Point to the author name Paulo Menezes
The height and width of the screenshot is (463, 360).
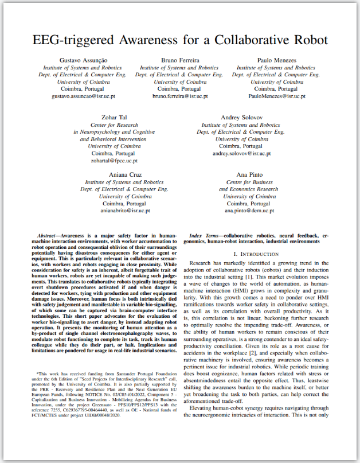coord(276,60)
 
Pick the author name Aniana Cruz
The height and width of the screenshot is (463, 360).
coord(124,174)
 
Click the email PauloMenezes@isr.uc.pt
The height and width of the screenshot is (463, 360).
coord(276,96)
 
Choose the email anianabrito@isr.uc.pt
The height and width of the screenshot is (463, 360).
coord(124,211)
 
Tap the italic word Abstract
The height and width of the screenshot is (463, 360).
coord(49,236)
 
